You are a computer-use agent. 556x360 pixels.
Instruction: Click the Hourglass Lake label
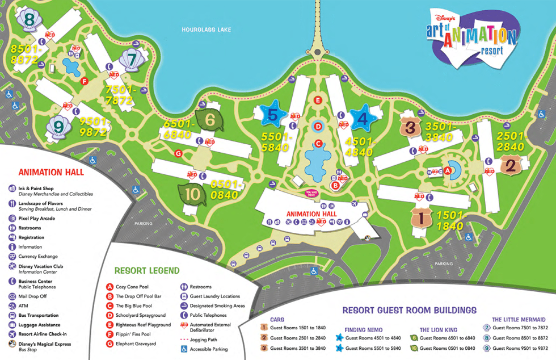click(x=207, y=30)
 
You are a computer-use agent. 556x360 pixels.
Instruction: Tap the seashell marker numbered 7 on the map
click(x=132, y=58)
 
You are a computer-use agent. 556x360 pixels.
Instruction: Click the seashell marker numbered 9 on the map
click(x=57, y=127)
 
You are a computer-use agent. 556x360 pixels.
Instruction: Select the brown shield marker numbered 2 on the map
click(x=510, y=166)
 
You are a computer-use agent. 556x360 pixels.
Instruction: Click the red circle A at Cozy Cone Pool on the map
click(x=447, y=170)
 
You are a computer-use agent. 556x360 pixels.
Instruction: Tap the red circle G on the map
click(x=178, y=153)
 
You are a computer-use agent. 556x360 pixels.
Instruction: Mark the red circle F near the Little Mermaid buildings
click(x=84, y=81)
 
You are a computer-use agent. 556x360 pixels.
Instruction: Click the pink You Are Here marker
click(x=311, y=193)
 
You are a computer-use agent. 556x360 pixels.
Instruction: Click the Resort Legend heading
click(x=146, y=271)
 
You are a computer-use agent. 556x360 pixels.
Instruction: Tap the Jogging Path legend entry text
click(x=205, y=340)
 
